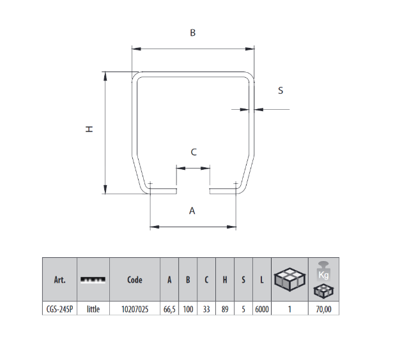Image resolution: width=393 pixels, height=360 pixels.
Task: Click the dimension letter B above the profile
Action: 192,34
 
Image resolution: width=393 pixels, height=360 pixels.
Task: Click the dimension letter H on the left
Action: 90,129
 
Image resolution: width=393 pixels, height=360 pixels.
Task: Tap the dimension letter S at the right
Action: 280,91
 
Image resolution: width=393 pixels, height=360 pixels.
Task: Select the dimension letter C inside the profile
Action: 194,152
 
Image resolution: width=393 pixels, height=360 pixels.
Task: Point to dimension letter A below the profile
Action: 192,211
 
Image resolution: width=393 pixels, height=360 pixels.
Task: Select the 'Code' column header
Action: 134,280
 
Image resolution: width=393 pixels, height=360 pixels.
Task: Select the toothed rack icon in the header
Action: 93,280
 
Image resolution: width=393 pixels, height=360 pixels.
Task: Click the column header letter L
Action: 262,280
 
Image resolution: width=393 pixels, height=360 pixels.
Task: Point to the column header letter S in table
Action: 243,280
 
